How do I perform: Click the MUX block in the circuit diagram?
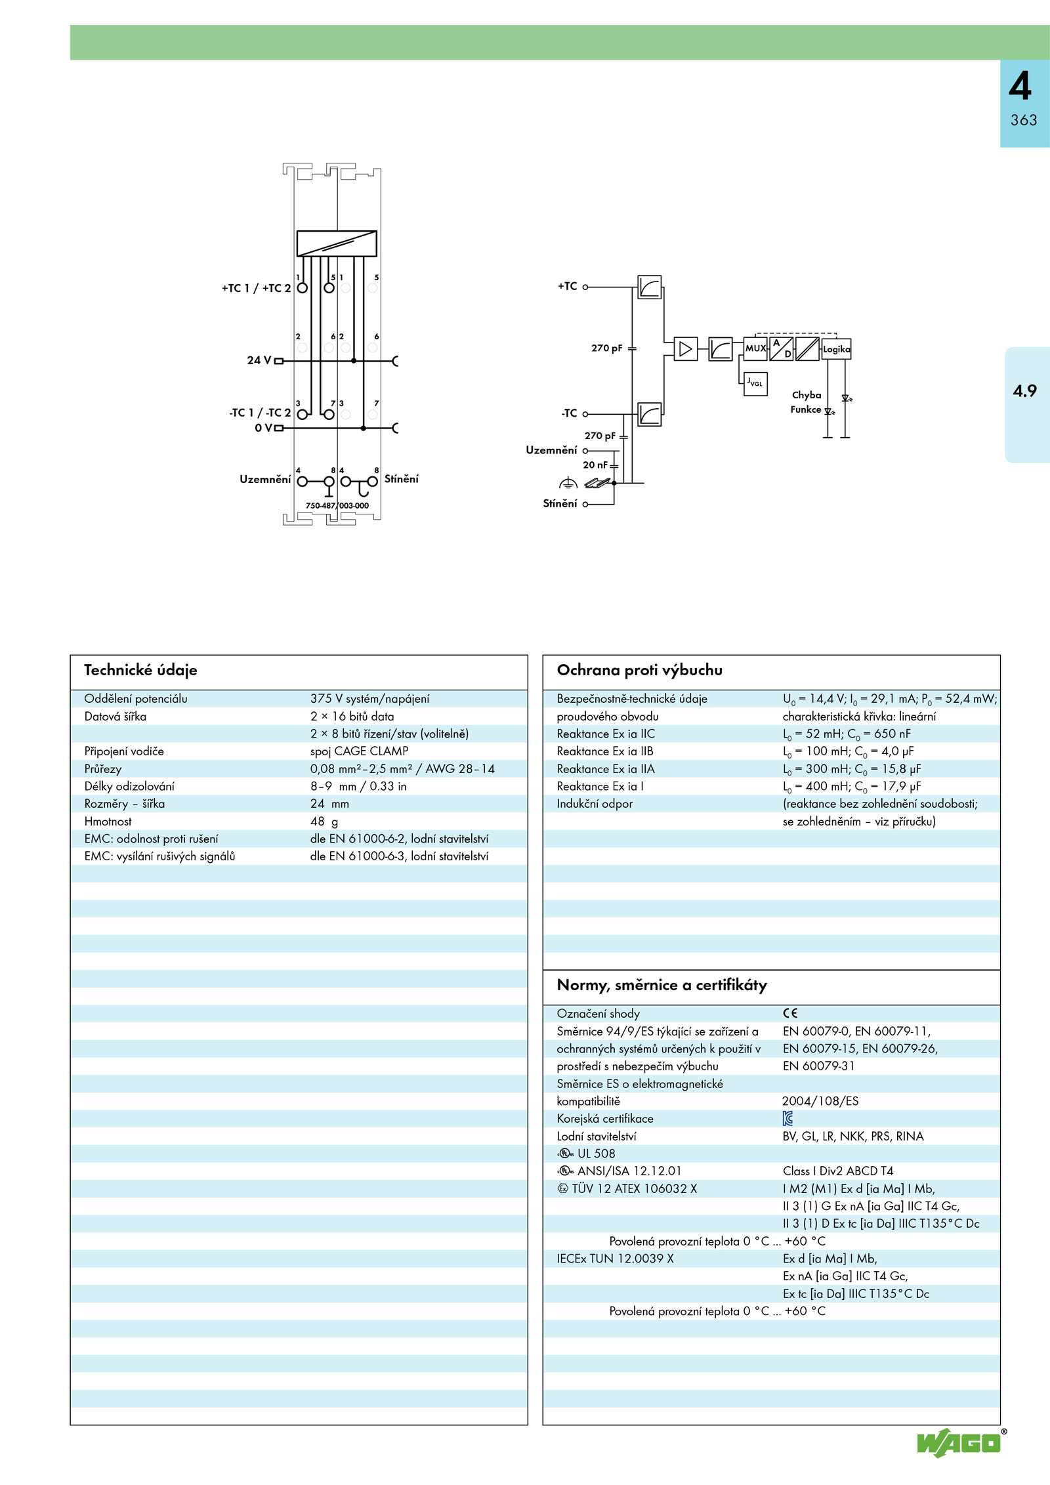(756, 348)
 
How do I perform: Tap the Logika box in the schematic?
(836, 349)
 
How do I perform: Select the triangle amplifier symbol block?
(686, 348)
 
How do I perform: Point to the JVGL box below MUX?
(755, 383)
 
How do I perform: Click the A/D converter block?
(782, 348)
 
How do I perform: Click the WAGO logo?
(960, 1442)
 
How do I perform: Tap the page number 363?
(1024, 120)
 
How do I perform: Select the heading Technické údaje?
(140, 670)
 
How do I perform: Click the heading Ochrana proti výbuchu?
(639, 670)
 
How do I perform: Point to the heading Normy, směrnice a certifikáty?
(661, 985)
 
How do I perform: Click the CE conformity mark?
(790, 1013)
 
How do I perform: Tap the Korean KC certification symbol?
(787, 1118)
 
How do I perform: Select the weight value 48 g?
(324, 822)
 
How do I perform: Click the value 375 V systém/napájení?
(369, 699)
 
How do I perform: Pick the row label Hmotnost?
(108, 822)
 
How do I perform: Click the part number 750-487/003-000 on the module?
(337, 505)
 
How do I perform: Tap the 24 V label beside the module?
(259, 360)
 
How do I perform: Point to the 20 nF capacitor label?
(595, 465)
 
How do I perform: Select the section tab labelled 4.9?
(1025, 391)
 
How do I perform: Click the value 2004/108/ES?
(820, 1101)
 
